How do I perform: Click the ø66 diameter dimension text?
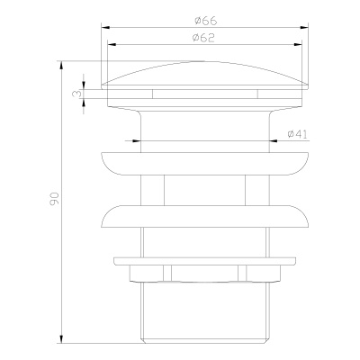(202, 18)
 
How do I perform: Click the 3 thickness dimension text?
(77, 92)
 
